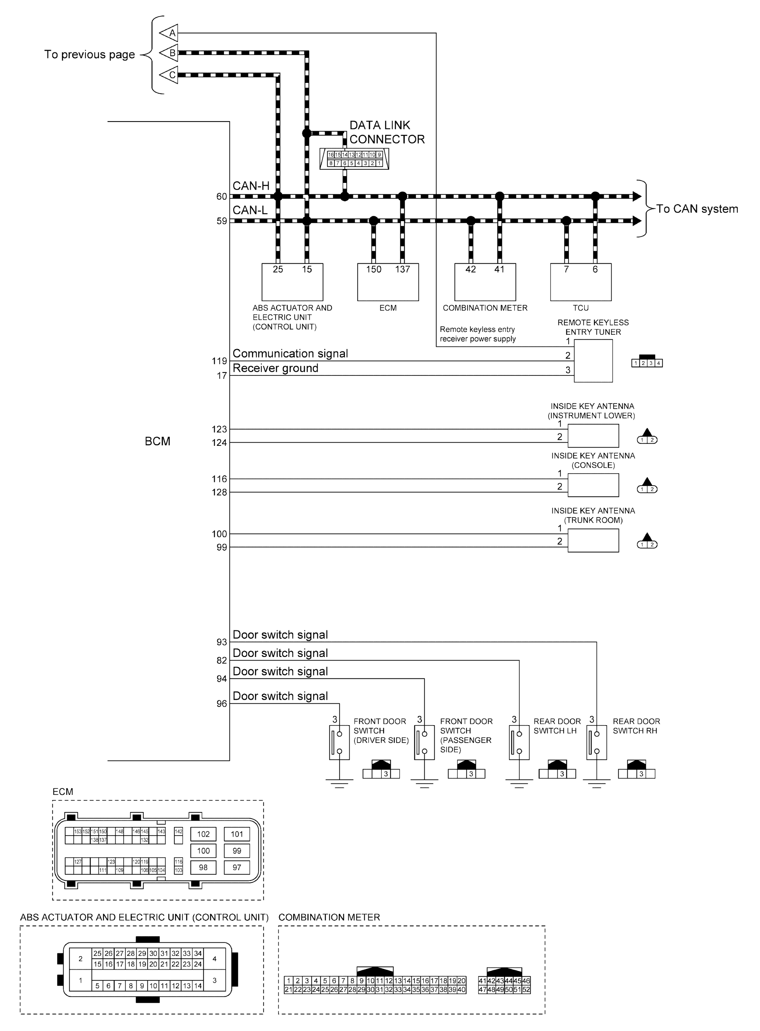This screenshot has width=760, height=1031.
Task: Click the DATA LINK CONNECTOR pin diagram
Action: pos(354,159)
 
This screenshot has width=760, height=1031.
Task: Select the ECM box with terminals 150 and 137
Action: pos(388,282)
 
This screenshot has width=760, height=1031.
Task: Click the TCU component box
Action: pos(581,282)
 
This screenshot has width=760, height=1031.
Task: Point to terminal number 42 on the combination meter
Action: pos(470,269)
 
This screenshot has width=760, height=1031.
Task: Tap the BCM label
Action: pos(157,441)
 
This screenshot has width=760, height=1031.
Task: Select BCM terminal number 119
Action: pos(219,361)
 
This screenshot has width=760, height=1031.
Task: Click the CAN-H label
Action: pos(251,186)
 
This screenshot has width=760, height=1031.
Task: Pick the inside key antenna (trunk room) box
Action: pos(593,540)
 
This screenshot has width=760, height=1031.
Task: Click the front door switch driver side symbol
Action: pos(339,742)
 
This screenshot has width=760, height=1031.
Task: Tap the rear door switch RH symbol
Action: pos(596,742)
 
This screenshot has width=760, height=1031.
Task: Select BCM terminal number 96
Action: pos(221,704)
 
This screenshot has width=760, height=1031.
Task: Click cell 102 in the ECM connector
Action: pos(203,834)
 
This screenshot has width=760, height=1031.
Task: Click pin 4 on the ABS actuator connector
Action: pos(214,959)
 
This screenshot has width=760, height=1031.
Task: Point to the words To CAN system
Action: pos(696,209)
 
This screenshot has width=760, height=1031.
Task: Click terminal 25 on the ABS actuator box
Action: pos(278,269)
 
